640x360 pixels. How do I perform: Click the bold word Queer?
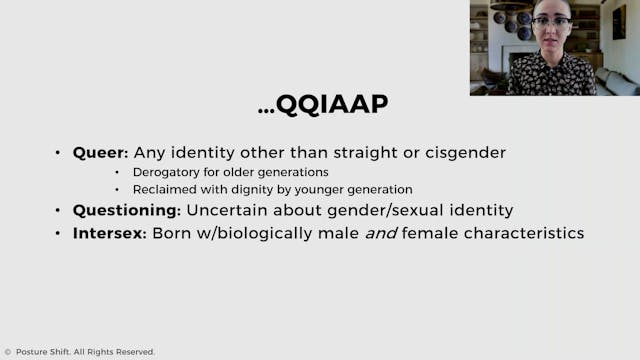tap(96, 153)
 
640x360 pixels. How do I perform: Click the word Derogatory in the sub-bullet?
tap(166, 172)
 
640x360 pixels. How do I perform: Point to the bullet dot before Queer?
tap(58, 154)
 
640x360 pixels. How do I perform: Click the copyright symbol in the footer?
tap(7, 352)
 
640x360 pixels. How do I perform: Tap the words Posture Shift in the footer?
tap(43, 352)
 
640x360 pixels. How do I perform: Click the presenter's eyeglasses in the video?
tap(552, 21)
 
